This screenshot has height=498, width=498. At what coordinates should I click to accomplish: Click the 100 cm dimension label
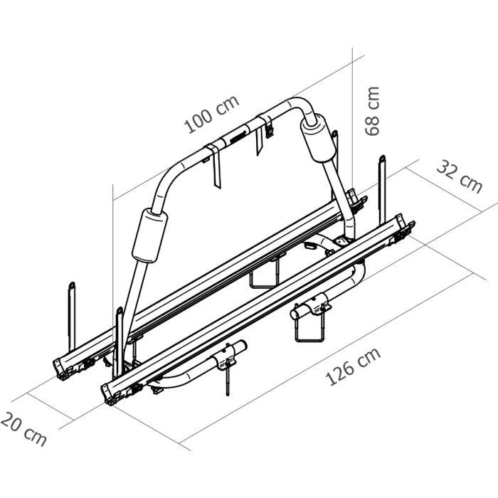point(211,115)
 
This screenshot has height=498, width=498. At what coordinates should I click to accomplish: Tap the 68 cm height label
point(371,110)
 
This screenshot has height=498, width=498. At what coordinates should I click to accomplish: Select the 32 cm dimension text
point(459,176)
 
